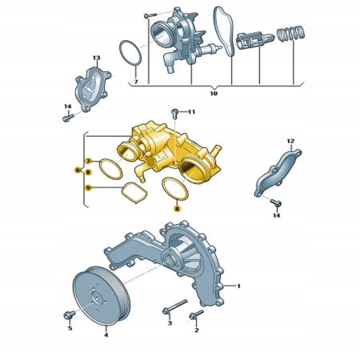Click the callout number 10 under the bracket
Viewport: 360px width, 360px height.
[213, 94]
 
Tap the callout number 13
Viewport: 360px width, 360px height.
[96, 58]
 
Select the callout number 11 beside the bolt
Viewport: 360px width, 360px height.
[192, 112]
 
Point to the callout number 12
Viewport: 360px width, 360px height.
[290, 141]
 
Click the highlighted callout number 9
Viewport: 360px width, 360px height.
[88, 188]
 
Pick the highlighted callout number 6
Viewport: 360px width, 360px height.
[78, 170]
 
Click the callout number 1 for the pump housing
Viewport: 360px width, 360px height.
[239, 286]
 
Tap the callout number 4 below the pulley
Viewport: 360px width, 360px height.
[106, 335]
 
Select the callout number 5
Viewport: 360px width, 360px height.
[70, 328]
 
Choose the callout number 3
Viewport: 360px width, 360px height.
[170, 323]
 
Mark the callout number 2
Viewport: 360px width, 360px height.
[196, 330]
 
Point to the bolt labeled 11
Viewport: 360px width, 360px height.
[174, 114]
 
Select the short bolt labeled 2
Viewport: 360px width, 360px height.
[197, 315]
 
